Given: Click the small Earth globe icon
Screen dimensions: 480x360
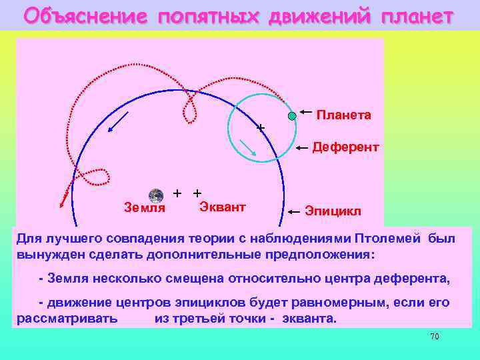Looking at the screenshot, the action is [x=156, y=195].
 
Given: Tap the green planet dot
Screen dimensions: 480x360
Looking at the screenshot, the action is [x=292, y=116].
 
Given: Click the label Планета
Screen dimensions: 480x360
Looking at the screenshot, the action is [x=343, y=115].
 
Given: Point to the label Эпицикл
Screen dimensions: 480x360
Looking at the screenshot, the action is [x=333, y=211].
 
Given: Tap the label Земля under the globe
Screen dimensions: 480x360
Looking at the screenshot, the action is [x=145, y=208].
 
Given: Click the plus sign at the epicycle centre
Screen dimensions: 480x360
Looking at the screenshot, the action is [x=261, y=127].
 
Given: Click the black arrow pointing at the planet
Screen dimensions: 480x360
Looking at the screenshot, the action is [x=306, y=111].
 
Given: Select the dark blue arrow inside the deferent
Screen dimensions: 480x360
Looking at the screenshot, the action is [x=119, y=123].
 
